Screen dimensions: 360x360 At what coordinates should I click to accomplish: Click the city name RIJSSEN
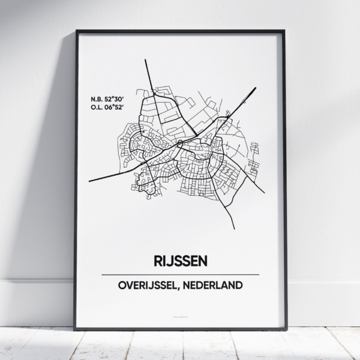[180, 262]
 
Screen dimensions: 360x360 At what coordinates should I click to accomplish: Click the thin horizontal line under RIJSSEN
[180, 274]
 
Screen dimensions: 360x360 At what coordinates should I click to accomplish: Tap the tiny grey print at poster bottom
[180, 313]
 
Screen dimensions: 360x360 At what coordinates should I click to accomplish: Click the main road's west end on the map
[89, 179]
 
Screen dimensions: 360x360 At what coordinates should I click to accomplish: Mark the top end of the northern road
[146, 58]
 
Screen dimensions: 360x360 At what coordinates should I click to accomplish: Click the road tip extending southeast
[265, 193]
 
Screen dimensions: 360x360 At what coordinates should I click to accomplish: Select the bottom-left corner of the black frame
[76, 329]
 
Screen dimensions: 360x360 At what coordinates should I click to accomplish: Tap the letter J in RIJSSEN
[169, 262]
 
